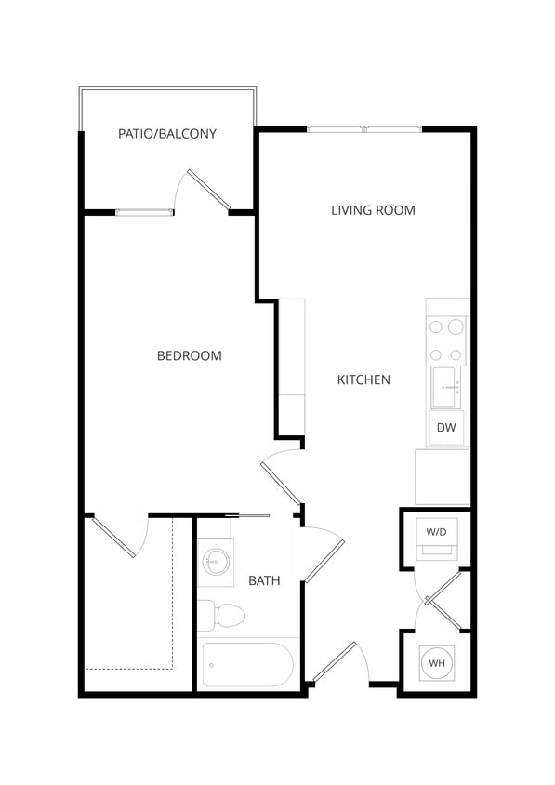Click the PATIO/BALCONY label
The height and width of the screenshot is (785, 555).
[x=167, y=134]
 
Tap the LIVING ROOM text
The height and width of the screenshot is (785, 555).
[x=373, y=210]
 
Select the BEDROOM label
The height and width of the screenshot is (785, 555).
[x=189, y=355]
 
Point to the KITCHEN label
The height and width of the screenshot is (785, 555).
[x=363, y=379]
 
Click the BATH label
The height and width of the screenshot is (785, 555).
[x=264, y=580]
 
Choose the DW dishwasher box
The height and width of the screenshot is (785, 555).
[x=446, y=428]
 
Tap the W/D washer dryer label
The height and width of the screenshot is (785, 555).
[x=436, y=532]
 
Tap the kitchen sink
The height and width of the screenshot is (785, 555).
[x=446, y=386]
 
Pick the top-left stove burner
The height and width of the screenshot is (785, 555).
[x=435, y=326]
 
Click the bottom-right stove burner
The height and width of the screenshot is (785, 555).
[x=456, y=354]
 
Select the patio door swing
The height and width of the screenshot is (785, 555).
[x=207, y=191]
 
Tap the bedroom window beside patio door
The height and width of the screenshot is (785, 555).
[x=144, y=213]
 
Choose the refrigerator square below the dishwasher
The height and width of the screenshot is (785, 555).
[x=442, y=476]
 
